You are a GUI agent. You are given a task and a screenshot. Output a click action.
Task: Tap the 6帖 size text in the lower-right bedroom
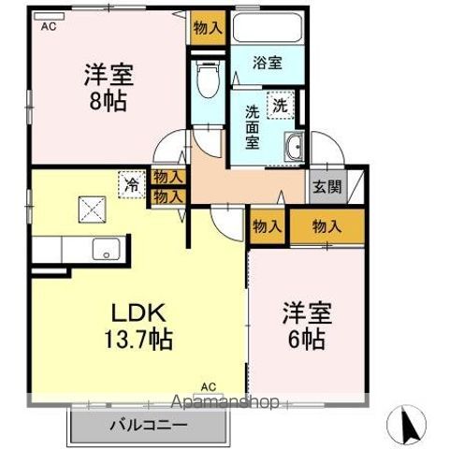(x=306, y=340)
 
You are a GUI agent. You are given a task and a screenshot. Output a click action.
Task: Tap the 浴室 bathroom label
(x=268, y=64)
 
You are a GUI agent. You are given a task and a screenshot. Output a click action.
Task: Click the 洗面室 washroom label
(x=253, y=127)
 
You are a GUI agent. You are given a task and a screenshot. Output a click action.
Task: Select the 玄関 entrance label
(x=326, y=185)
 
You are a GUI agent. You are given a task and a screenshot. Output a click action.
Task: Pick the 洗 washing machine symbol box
(x=280, y=106)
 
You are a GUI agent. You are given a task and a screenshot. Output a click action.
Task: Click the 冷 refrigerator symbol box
(x=132, y=184)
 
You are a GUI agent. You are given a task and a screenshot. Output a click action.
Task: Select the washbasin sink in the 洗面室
(x=294, y=146)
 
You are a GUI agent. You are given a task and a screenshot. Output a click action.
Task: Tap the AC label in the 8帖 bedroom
(x=47, y=27)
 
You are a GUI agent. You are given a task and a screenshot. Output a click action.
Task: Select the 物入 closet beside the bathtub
(x=207, y=27)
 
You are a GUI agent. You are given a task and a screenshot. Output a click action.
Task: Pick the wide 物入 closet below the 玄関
(x=326, y=226)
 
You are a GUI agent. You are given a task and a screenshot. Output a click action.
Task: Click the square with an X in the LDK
(x=91, y=209)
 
